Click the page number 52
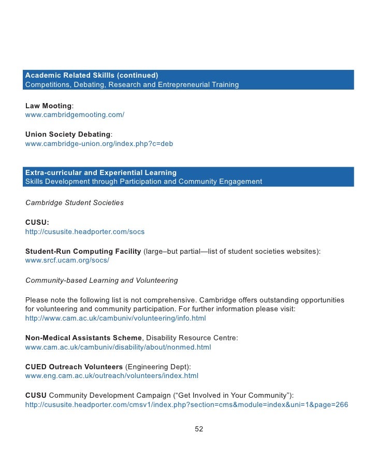[199, 429]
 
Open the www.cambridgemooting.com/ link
[75, 114]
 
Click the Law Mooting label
[48, 106]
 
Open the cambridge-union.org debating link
[99, 143]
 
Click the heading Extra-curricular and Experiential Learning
[101, 172]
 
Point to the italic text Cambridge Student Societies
[75, 202]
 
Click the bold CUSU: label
[37, 222]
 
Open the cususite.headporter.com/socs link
[85, 231]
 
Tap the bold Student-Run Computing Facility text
[83, 251]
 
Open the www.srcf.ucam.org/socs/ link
[67, 260]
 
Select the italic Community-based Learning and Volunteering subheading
[102, 280]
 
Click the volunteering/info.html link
[115, 318]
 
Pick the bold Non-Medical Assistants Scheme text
[83, 338]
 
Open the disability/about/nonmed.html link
[118, 347]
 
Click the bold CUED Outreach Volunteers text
[74, 367]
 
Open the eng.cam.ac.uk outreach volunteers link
[112, 376]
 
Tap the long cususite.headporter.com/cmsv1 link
[186, 405]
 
